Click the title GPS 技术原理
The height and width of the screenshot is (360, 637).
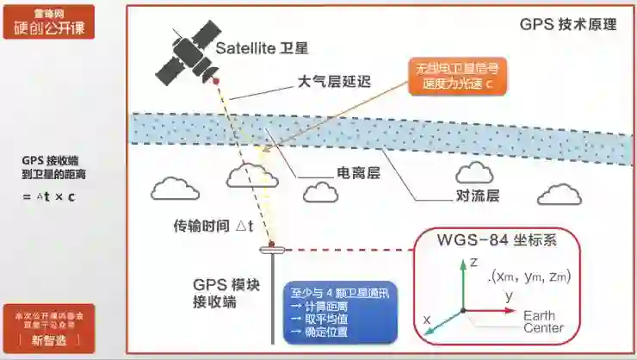[x=568, y=24]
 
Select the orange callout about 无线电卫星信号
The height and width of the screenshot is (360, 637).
[x=459, y=77]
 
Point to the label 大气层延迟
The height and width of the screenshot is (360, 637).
[x=333, y=84]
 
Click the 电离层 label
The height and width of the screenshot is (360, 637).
[x=357, y=173]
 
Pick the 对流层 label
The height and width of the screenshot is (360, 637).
[x=478, y=196]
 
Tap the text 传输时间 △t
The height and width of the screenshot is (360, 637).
[x=213, y=227]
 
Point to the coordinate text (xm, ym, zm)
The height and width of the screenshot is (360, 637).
[x=529, y=276]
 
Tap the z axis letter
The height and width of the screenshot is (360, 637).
[x=473, y=264]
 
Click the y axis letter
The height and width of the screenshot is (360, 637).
[x=509, y=295]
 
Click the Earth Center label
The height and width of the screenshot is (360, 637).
[x=543, y=321]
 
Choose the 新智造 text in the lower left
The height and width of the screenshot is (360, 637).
[x=48, y=340]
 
